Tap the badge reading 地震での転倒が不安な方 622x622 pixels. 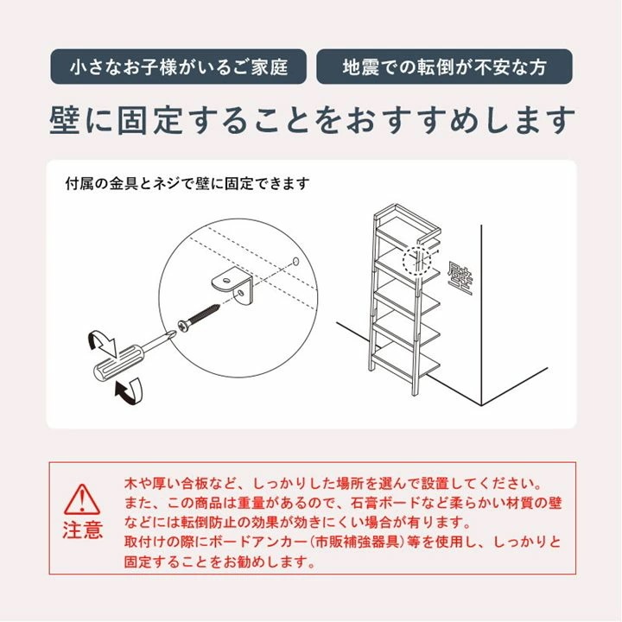(444, 67)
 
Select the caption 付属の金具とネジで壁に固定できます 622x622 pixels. (187, 183)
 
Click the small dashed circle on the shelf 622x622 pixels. (416, 260)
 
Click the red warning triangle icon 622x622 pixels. (83, 499)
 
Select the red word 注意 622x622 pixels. (83, 530)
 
